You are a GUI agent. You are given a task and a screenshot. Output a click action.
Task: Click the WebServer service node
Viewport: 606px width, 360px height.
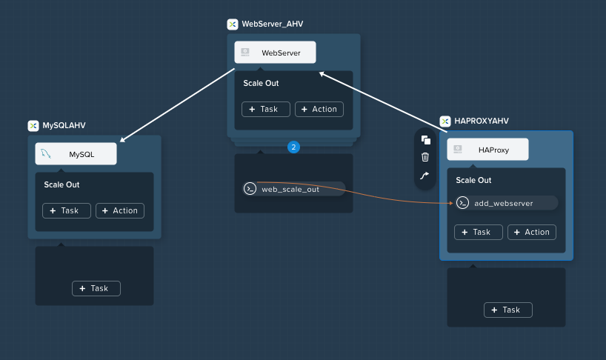275,52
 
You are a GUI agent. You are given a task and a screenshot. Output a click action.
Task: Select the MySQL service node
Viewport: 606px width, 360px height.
76,154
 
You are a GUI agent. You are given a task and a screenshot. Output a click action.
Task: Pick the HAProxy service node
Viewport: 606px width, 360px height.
487,149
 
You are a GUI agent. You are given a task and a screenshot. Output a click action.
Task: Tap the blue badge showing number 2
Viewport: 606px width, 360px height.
293,147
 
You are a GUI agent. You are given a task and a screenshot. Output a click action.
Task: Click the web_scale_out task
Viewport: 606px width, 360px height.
293,189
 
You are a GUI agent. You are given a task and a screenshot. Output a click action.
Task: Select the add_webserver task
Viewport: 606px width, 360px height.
506,203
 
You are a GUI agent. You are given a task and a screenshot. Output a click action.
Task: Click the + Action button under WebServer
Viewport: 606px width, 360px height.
319,110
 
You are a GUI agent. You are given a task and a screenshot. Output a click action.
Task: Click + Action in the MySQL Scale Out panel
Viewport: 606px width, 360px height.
120,211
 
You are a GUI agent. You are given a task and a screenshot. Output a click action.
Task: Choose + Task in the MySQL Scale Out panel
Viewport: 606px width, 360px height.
67,211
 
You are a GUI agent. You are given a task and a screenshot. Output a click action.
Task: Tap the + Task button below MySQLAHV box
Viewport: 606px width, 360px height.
96,289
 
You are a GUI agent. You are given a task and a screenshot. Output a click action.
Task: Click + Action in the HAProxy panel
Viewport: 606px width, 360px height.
532,232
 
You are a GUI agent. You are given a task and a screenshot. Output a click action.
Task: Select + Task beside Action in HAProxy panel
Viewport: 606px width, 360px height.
479,232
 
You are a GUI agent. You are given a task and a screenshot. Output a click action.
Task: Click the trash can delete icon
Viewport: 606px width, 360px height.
425,157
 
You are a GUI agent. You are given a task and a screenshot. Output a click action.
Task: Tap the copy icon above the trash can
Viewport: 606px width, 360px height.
425,140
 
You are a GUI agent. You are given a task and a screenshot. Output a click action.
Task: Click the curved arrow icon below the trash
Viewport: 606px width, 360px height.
424,176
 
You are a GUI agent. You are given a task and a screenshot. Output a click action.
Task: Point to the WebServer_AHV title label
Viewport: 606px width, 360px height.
273,24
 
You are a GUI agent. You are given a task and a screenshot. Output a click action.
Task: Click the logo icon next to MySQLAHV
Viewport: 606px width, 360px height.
33,125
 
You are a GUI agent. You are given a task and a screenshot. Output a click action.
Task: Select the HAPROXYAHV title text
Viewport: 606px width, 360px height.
482,121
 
